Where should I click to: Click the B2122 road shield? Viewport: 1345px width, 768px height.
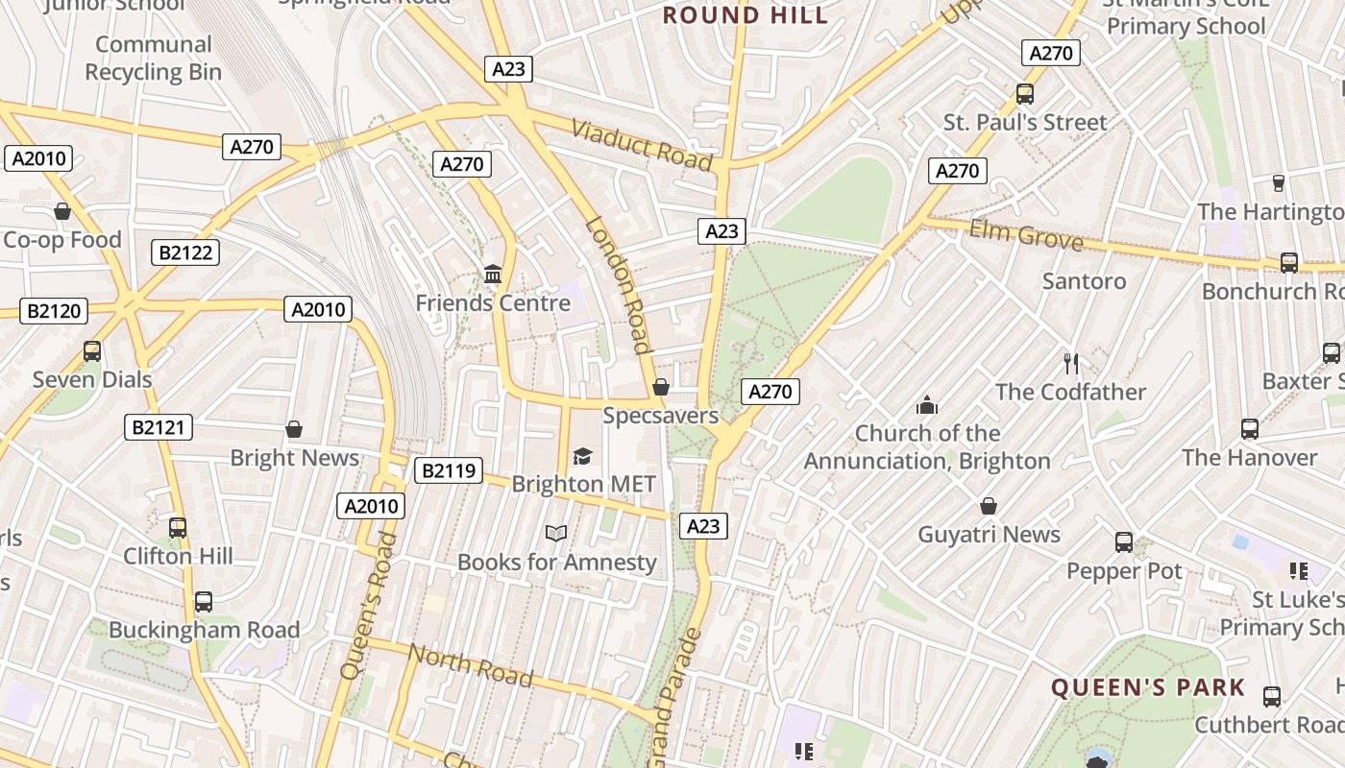(185, 252)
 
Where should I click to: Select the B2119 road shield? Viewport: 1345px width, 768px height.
(448, 470)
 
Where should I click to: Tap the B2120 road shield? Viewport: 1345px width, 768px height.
(54, 311)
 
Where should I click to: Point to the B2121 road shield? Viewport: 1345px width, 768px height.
(159, 427)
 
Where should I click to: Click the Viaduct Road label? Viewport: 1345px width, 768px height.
(642, 145)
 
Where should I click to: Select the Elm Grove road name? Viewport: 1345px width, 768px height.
(1025, 233)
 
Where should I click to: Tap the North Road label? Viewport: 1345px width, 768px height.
(470, 664)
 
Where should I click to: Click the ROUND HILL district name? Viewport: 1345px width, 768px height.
(746, 15)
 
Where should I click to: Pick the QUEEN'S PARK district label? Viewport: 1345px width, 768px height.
(1147, 687)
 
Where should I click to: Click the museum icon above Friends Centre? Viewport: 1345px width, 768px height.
(493, 275)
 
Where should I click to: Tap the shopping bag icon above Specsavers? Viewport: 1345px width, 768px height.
(660, 387)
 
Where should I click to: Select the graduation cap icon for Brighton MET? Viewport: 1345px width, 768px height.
(582, 455)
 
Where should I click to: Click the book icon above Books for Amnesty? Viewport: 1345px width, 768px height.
(556, 533)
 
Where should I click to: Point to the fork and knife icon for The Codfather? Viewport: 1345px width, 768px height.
(1071, 363)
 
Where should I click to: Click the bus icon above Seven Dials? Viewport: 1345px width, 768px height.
(92, 351)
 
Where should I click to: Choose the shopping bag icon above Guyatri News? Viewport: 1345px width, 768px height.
(988, 506)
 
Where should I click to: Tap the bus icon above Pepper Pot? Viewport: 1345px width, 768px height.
(1123, 542)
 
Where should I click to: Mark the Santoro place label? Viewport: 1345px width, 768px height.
(1084, 281)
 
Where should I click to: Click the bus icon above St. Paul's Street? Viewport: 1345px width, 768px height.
(1024, 94)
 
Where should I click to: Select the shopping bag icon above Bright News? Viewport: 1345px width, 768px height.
(294, 429)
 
